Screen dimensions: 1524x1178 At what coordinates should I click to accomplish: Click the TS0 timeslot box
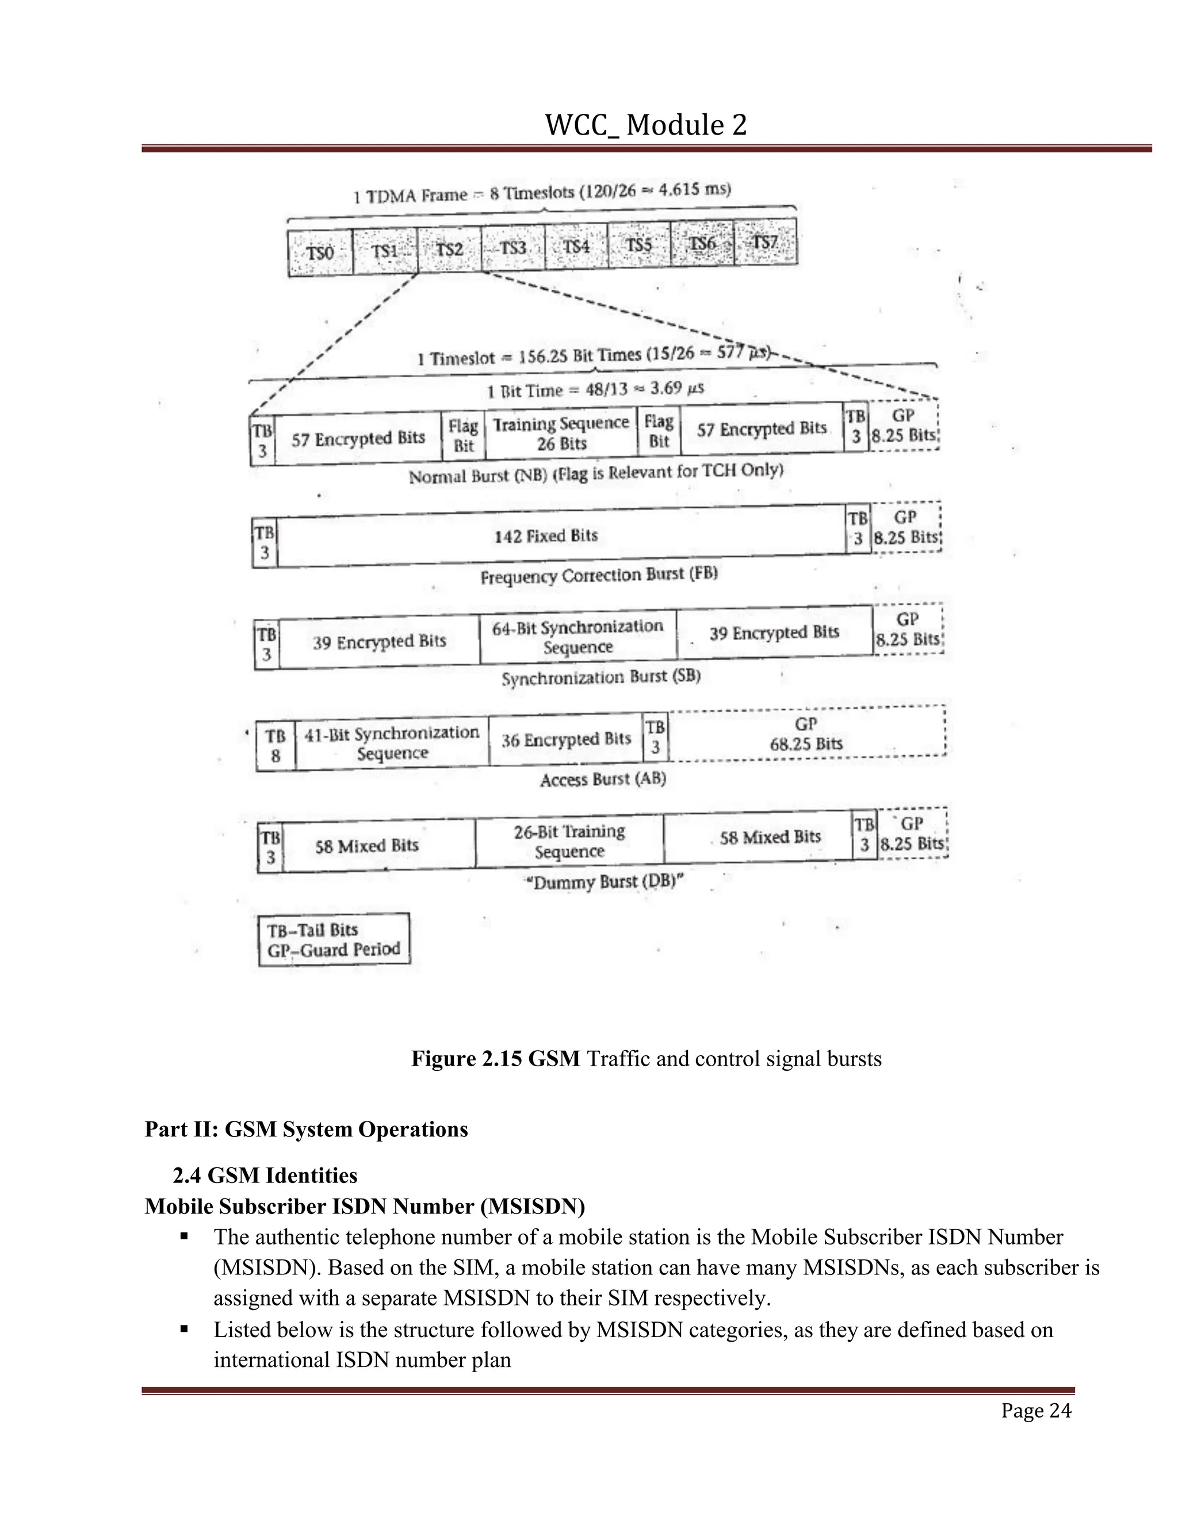coord(320,252)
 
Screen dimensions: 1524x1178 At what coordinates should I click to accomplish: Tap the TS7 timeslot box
coord(766,242)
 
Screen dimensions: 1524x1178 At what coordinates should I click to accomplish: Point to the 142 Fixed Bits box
coord(546,536)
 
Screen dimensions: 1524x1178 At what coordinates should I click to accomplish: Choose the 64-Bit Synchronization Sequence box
coord(578,637)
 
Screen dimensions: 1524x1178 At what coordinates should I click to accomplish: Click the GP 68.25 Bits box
coord(806,734)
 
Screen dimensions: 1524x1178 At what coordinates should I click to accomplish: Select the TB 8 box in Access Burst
coord(276,746)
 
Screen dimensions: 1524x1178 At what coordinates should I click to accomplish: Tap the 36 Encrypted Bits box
coord(566,740)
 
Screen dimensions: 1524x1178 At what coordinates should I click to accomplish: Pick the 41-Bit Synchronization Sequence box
coord(392,743)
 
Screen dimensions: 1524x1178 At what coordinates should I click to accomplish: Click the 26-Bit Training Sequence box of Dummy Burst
coord(569,841)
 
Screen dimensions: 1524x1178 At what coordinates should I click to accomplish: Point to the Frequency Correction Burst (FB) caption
coord(599,576)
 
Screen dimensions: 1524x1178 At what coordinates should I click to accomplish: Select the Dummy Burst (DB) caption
coord(605,882)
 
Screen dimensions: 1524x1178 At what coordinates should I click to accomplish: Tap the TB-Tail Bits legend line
coord(313,930)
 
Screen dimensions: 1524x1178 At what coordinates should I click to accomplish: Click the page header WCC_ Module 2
coord(645,125)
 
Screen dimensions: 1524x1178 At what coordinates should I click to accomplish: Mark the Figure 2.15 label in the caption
coord(495,1059)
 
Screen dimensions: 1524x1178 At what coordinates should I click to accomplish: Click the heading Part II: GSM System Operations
coord(307,1129)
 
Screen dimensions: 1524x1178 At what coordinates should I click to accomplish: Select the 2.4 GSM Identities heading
coord(265,1176)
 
